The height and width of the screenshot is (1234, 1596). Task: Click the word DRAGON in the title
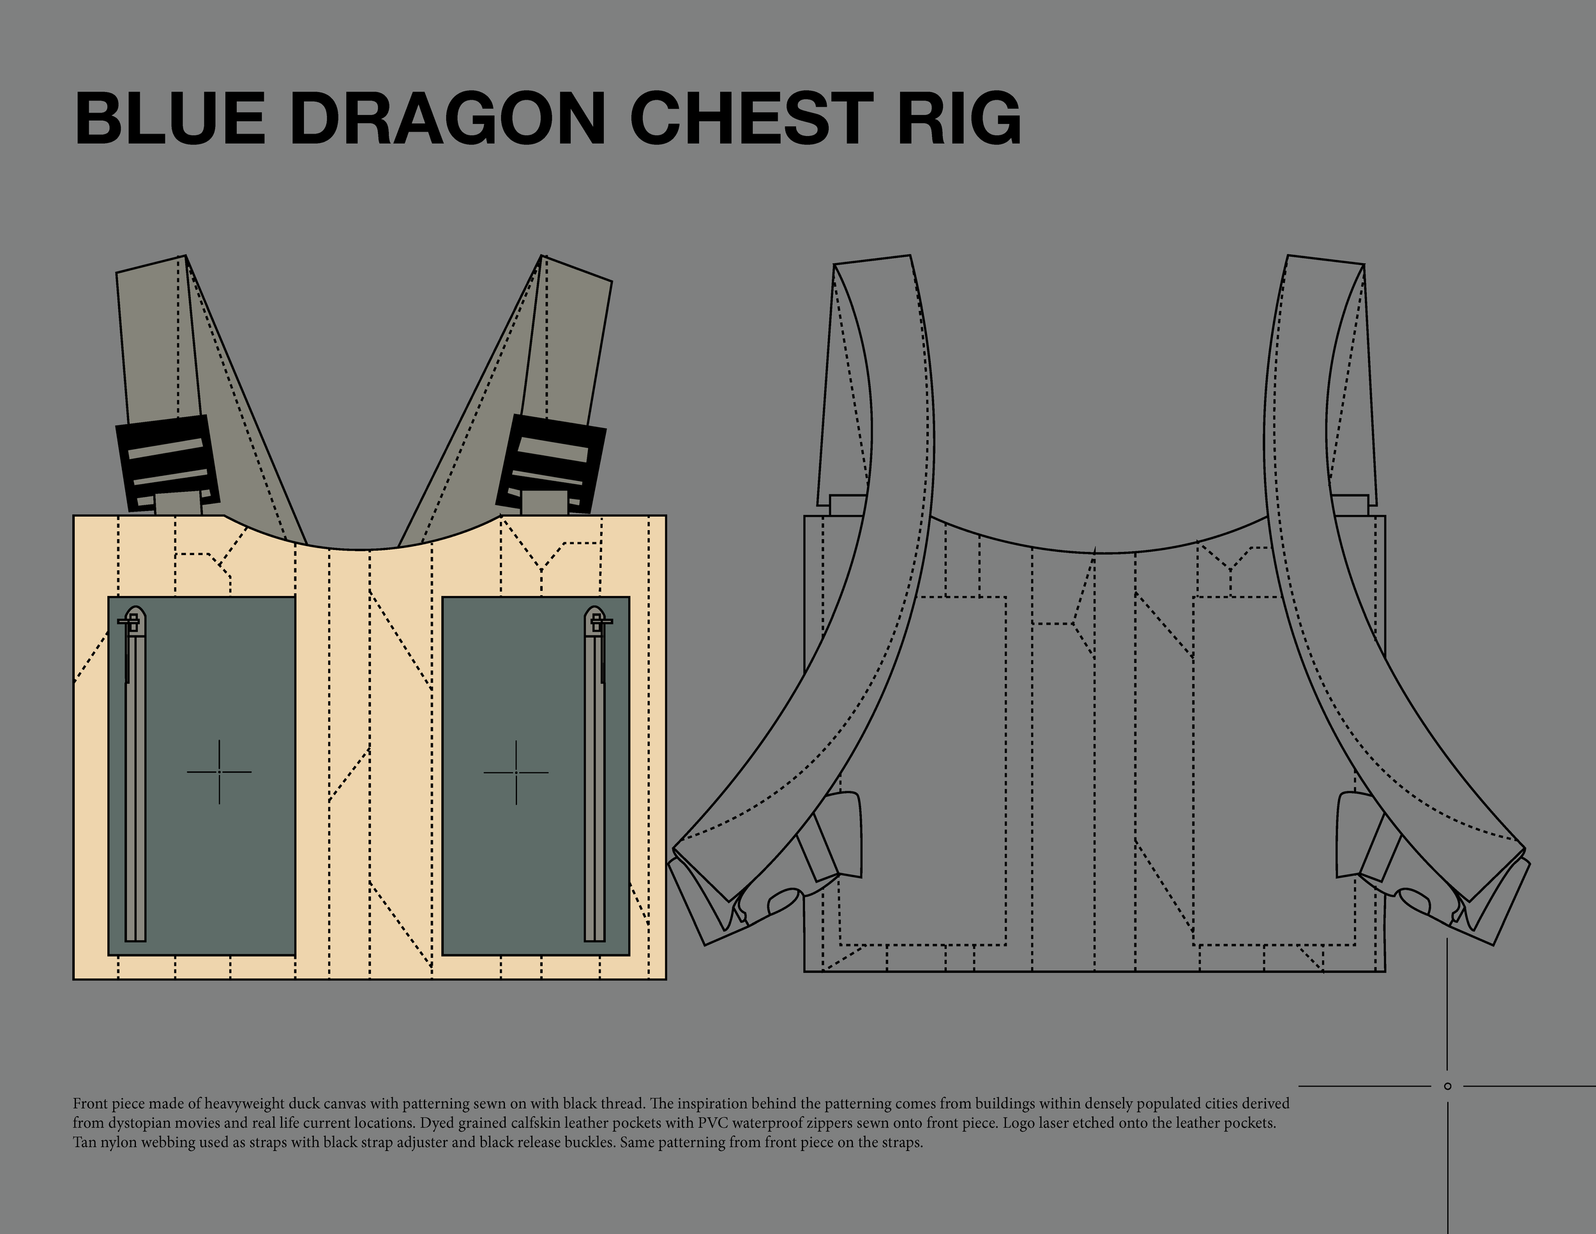448,118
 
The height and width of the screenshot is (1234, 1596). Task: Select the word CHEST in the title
749,118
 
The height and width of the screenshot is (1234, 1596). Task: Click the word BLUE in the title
170,118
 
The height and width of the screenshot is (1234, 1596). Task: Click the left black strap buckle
167,462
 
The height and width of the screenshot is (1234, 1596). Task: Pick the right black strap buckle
551,462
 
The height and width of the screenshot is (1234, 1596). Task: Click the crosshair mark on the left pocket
219,772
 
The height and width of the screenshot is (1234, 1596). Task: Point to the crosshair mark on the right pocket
516,772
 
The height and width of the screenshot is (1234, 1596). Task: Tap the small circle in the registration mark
1448,1086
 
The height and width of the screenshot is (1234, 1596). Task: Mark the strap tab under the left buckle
177,505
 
